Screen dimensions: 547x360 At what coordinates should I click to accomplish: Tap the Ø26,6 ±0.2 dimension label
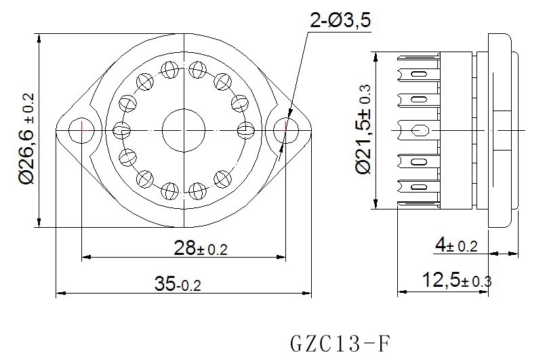tap(27, 138)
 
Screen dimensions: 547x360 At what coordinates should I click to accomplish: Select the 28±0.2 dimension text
tap(201, 248)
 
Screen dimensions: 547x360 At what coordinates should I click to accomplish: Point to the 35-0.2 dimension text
tap(178, 283)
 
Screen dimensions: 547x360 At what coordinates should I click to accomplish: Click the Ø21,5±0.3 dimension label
tap(363, 129)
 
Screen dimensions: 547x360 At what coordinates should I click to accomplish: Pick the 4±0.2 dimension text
tap(456, 245)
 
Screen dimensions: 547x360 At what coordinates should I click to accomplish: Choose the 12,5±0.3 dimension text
tap(457, 280)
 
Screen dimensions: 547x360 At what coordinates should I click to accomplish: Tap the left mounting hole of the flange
tap(81, 130)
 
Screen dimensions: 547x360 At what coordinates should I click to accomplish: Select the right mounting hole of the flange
tap(286, 130)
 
